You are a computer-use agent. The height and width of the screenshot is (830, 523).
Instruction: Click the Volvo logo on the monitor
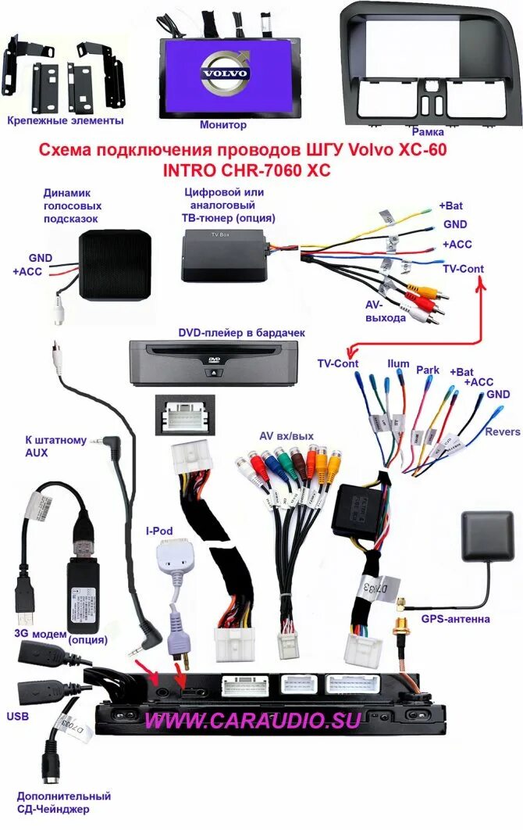(225, 72)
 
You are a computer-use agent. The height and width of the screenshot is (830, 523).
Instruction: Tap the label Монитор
(223, 125)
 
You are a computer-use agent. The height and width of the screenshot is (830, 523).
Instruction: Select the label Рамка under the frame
(429, 132)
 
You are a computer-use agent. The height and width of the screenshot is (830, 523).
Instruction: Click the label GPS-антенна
(456, 619)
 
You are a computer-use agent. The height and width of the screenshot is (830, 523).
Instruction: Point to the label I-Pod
(159, 531)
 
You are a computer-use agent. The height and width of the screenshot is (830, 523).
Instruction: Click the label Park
(428, 369)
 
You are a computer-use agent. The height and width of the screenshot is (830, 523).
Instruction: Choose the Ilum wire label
(398, 364)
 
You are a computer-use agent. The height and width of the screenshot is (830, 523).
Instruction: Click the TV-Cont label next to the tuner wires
(462, 268)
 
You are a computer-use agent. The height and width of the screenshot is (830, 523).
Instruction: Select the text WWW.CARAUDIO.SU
(253, 721)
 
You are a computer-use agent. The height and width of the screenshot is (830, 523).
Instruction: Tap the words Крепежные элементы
(66, 120)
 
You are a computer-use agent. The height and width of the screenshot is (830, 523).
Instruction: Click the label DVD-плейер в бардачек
(241, 333)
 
